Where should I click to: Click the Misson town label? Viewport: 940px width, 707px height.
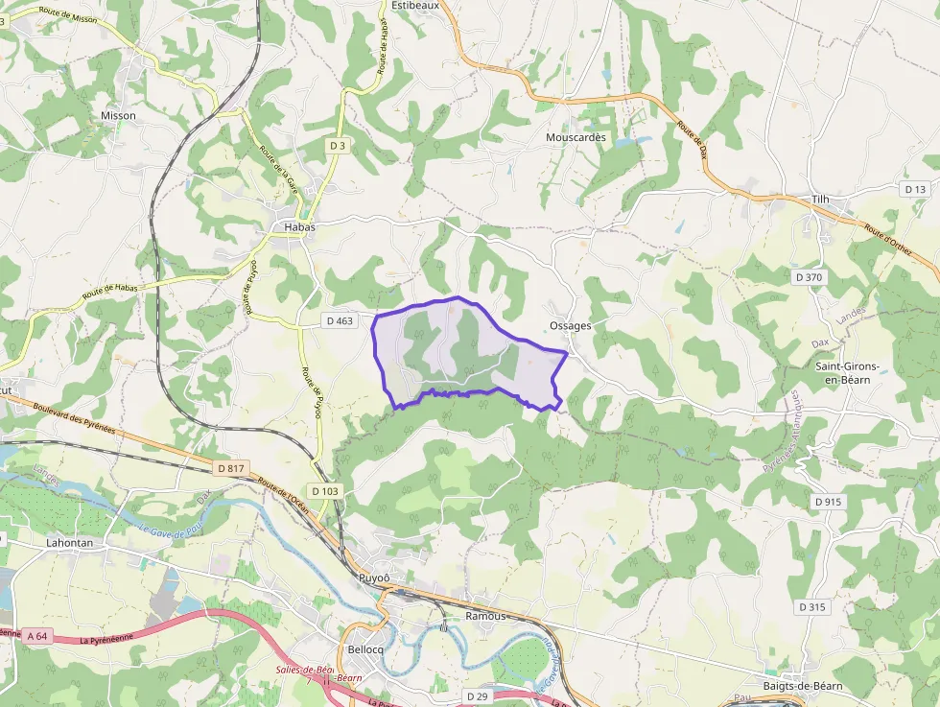click(118, 116)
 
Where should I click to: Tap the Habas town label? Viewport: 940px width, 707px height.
click(299, 227)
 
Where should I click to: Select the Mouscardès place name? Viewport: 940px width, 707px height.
click(576, 137)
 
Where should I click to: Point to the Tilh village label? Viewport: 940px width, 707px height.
click(820, 200)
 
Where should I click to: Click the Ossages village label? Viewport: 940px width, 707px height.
click(571, 326)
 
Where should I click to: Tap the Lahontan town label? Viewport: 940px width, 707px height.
click(69, 542)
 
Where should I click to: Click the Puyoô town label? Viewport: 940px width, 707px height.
click(374, 577)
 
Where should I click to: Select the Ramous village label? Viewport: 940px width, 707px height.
click(484, 616)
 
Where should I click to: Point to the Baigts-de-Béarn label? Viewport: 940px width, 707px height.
click(803, 686)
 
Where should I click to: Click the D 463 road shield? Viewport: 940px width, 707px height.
click(340, 321)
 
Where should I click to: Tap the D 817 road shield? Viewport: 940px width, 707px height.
click(231, 468)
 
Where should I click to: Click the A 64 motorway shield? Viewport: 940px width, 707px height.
click(37, 635)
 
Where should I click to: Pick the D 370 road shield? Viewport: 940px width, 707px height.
click(809, 277)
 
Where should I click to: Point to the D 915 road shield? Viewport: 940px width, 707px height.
click(828, 502)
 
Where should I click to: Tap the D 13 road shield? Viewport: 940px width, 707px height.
click(915, 190)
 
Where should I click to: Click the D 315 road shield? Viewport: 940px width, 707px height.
click(811, 607)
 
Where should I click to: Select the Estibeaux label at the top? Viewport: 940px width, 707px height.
click(415, 5)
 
